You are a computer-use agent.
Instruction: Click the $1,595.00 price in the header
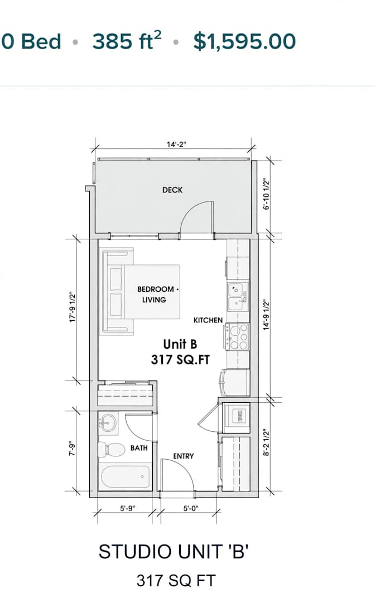coord(244,41)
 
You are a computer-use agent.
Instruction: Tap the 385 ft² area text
coord(127,41)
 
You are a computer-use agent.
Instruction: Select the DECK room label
coord(172,190)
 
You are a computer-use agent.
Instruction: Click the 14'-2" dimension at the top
coord(177,144)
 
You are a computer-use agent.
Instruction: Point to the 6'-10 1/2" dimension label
coord(267,194)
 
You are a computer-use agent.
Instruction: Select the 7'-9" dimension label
coord(73,449)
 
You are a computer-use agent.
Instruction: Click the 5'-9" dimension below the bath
coord(127,508)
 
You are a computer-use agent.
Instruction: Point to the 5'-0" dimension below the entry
coord(191,508)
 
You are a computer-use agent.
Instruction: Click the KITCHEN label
coord(208,320)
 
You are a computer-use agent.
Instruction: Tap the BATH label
coord(139,448)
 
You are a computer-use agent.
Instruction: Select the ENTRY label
coord(183,456)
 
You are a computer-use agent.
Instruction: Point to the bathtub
coord(125,477)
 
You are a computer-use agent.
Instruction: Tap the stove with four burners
coord(237,337)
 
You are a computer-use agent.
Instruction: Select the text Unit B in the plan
coord(180,344)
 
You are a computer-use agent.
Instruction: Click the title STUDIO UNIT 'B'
coord(173,552)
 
